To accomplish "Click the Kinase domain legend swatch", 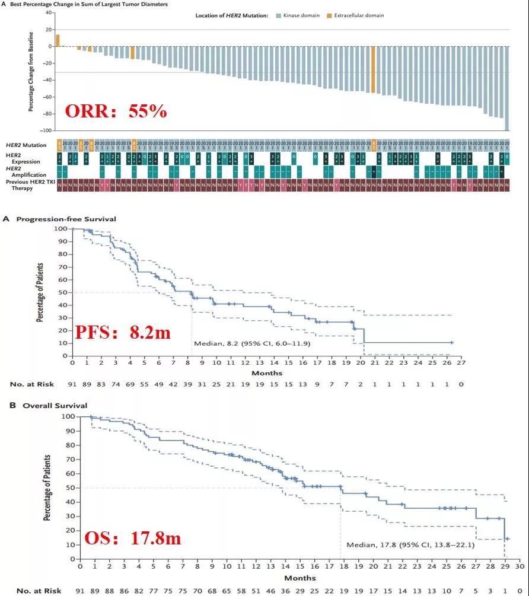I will pos(278,15).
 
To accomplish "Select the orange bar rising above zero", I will pos(58,40).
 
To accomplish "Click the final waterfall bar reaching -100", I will pos(507,88).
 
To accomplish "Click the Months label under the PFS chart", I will pos(267,373).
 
